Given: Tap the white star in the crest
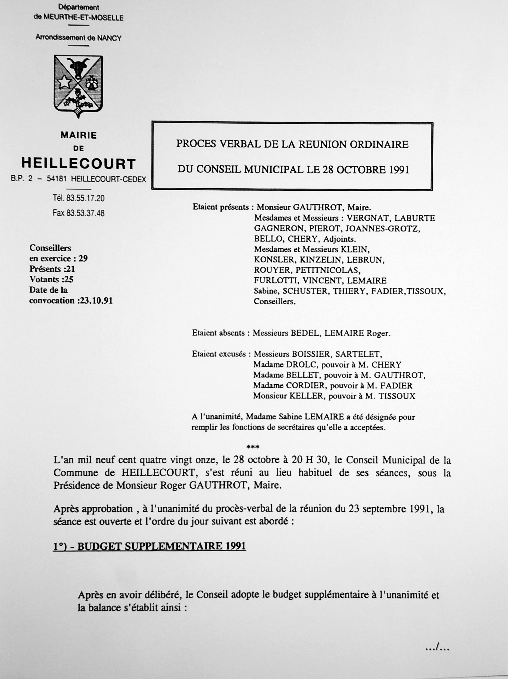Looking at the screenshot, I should tap(64, 83).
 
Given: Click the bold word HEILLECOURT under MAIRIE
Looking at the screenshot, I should tap(78, 164).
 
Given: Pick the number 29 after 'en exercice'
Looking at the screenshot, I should tap(83, 258).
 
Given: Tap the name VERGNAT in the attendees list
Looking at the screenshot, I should tap(367, 218).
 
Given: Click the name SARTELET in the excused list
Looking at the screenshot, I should tap(360, 354).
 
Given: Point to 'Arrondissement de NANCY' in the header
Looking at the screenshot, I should tap(78, 38).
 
